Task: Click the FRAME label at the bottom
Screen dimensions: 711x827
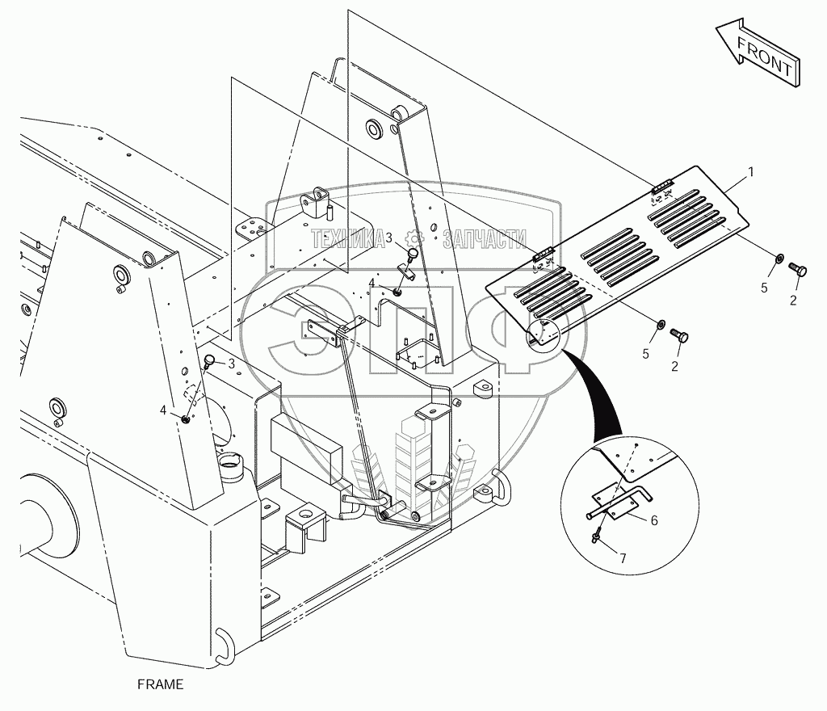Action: pyautogui.click(x=161, y=684)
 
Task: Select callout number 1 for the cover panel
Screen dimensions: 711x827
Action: pyautogui.click(x=750, y=171)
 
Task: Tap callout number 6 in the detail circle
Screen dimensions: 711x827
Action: pyautogui.click(x=654, y=520)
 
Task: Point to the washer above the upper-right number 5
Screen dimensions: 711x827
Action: pyautogui.click(x=779, y=259)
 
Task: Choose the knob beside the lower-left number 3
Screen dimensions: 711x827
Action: pyautogui.click(x=210, y=360)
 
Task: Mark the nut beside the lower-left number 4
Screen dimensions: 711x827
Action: pyautogui.click(x=186, y=418)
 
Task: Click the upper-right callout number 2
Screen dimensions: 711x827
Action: pyautogui.click(x=792, y=301)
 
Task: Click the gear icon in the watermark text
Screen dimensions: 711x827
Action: pyautogui.click(x=415, y=238)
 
